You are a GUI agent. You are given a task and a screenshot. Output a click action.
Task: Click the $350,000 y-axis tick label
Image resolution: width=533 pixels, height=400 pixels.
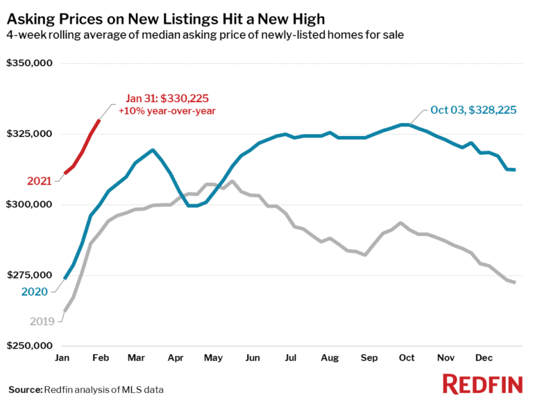(30, 64)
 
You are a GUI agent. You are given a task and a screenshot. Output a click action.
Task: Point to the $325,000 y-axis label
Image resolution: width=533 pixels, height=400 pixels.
(30, 134)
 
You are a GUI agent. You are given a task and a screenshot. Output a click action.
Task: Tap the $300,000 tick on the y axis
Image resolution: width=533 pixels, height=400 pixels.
(30, 205)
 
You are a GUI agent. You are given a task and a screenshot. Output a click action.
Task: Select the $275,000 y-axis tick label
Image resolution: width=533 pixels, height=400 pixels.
(30, 275)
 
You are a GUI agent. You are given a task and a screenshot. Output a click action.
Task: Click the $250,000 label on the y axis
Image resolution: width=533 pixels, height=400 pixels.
(30, 346)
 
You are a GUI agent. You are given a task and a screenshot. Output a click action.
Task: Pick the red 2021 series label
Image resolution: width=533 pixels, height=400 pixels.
(40, 181)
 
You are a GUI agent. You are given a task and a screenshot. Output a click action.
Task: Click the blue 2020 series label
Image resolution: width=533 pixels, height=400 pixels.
(35, 292)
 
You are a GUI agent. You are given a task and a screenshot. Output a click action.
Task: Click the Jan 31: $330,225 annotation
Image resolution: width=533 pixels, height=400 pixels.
(167, 98)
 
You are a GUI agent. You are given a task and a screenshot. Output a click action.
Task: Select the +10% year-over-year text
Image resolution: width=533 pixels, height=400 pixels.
(167, 111)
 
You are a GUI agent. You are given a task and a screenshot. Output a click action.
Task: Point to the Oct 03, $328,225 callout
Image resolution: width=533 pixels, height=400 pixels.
(473, 110)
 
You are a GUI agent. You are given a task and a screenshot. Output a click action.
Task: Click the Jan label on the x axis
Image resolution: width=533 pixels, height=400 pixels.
(62, 358)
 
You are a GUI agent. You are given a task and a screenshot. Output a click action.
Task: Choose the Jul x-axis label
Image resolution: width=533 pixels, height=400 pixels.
(290, 358)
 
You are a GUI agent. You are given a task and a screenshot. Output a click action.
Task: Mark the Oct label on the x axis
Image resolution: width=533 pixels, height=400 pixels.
(406, 358)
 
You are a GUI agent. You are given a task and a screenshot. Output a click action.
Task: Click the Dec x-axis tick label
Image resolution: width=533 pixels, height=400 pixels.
(483, 358)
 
